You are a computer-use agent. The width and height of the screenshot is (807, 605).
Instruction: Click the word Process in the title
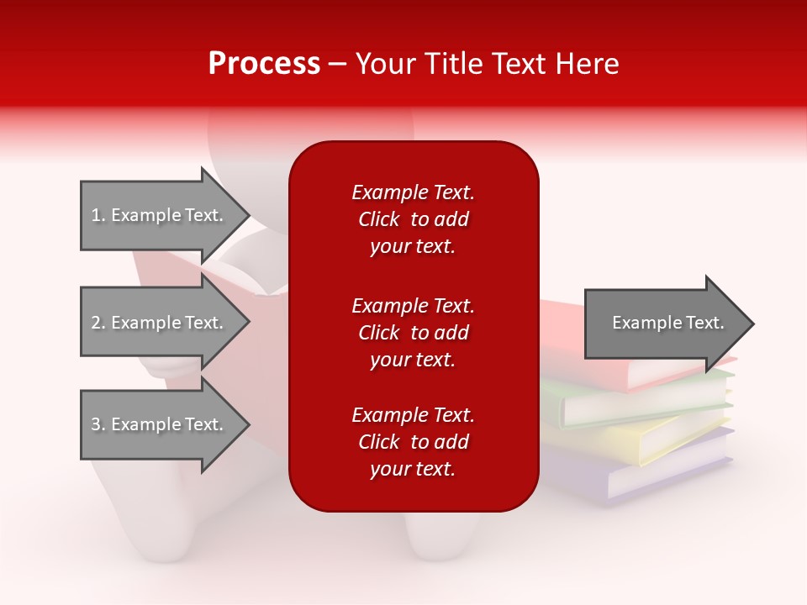pos(264,64)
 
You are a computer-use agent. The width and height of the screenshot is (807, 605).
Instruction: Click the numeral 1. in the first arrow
pos(98,215)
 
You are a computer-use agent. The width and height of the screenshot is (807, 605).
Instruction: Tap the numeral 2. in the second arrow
pos(98,323)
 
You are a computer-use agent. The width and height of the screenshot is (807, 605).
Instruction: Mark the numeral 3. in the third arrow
pos(98,424)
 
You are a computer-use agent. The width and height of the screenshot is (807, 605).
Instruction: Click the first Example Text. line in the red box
pos(413,192)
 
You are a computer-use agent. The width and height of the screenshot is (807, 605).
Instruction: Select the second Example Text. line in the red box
pos(413,306)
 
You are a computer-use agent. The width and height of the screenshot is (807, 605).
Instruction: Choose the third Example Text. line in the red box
pos(413,415)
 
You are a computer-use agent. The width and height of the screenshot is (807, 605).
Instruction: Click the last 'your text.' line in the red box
pos(413,470)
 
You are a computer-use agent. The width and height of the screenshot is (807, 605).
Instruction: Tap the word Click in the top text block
pos(379,219)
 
